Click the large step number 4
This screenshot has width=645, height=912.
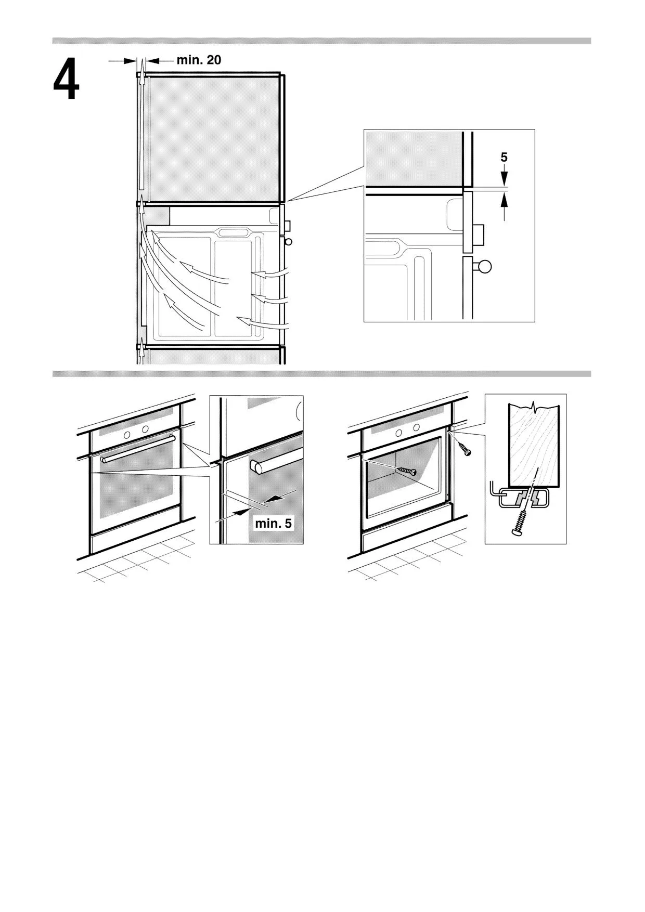66,80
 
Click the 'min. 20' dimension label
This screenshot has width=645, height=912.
199,60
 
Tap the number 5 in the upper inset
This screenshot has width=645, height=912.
504,158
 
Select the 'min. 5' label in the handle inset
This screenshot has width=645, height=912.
273,523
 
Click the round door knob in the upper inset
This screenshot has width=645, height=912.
484,267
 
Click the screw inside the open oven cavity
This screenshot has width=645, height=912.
406,471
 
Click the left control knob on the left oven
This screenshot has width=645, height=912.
127,434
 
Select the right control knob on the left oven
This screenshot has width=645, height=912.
145,429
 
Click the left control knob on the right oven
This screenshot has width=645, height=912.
398,433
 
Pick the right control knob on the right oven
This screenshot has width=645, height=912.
416,428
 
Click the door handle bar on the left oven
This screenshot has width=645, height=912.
138,449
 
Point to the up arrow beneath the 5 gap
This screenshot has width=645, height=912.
504,206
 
